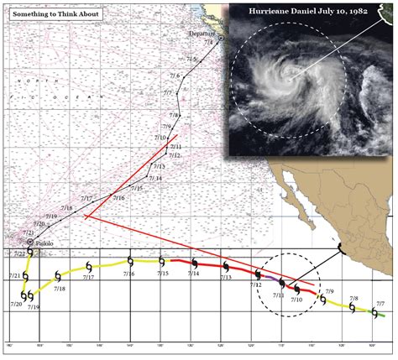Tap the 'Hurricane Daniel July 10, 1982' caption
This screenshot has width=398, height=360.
point(312,14)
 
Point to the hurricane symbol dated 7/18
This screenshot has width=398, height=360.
point(57,276)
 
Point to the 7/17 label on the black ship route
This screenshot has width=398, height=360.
point(86,198)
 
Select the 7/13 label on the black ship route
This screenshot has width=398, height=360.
point(160,167)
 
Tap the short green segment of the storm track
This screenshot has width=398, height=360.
point(381,316)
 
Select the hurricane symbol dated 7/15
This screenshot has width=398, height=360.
point(160,262)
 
